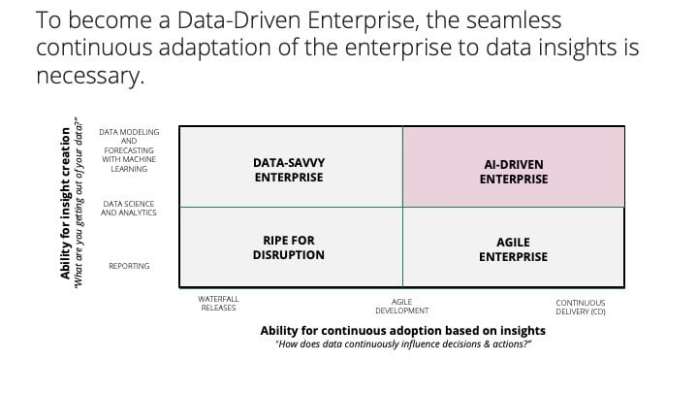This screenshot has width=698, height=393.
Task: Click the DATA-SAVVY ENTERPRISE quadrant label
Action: (x=289, y=170)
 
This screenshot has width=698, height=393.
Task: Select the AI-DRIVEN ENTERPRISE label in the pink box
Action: (x=514, y=172)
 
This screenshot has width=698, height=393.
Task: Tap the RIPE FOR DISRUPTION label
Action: (x=289, y=247)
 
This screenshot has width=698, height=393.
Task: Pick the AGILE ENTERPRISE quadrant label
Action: (x=513, y=249)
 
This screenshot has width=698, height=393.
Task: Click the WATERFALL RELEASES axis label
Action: (x=218, y=304)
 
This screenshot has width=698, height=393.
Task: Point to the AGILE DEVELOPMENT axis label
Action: (x=402, y=306)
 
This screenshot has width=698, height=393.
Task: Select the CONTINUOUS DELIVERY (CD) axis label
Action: (x=581, y=307)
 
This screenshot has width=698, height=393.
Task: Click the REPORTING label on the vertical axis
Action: (x=129, y=266)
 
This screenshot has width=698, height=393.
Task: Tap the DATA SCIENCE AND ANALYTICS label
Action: (x=129, y=208)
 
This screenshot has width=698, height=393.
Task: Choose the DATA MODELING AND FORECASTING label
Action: (x=129, y=150)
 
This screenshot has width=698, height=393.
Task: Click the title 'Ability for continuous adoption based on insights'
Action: (x=403, y=331)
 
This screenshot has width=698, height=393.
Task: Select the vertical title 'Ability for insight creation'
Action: (x=66, y=204)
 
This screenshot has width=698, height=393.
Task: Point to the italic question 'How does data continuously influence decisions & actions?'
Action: (x=403, y=344)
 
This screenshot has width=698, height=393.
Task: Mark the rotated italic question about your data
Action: (x=79, y=202)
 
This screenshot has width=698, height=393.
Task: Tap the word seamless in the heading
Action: (x=514, y=20)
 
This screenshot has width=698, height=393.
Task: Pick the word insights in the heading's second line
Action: (x=578, y=48)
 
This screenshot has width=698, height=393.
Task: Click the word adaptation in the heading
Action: (x=214, y=49)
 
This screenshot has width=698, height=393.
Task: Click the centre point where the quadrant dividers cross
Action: (x=402, y=208)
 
